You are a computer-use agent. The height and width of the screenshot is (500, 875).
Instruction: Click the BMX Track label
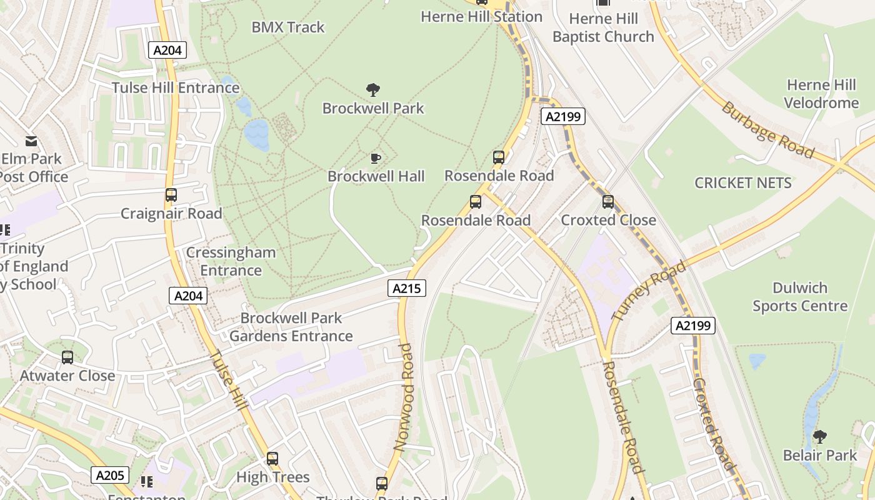click(288, 27)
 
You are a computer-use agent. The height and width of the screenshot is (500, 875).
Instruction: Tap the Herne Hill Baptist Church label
click(603, 28)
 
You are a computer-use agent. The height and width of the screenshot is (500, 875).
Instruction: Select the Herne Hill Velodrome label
click(821, 94)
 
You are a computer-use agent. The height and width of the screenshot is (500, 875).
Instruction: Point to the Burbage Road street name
click(768, 130)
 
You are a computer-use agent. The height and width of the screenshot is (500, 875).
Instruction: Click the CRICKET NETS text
click(743, 183)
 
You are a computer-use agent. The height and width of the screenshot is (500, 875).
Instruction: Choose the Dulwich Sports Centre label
click(800, 297)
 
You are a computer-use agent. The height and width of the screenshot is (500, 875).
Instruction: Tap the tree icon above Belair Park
click(820, 436)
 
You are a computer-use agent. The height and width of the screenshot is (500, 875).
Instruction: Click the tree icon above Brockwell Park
click(373, 90)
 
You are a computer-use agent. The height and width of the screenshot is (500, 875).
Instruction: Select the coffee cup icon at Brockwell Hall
click(375, 158)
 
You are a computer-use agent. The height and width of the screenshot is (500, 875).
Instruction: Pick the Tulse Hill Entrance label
click(176, 87)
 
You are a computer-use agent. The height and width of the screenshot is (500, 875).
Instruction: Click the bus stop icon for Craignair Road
click(171, 195)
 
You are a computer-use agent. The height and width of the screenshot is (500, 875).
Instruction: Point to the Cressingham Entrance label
click(231, 261)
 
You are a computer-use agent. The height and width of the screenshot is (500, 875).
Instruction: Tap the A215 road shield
click(407, 288)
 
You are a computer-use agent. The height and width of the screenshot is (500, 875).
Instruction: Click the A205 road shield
click(110, 475)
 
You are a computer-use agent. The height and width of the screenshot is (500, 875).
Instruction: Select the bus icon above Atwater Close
click(67, 357)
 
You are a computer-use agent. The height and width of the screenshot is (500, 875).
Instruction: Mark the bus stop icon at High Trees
click(272, 459)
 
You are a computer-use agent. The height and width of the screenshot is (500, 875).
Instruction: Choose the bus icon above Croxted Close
click(608, 202)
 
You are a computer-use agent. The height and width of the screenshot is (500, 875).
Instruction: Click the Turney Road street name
click(649, 290)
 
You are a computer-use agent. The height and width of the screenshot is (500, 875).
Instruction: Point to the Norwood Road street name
click(404, 397)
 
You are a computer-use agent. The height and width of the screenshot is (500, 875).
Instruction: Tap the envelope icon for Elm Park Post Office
click(31, 141)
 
